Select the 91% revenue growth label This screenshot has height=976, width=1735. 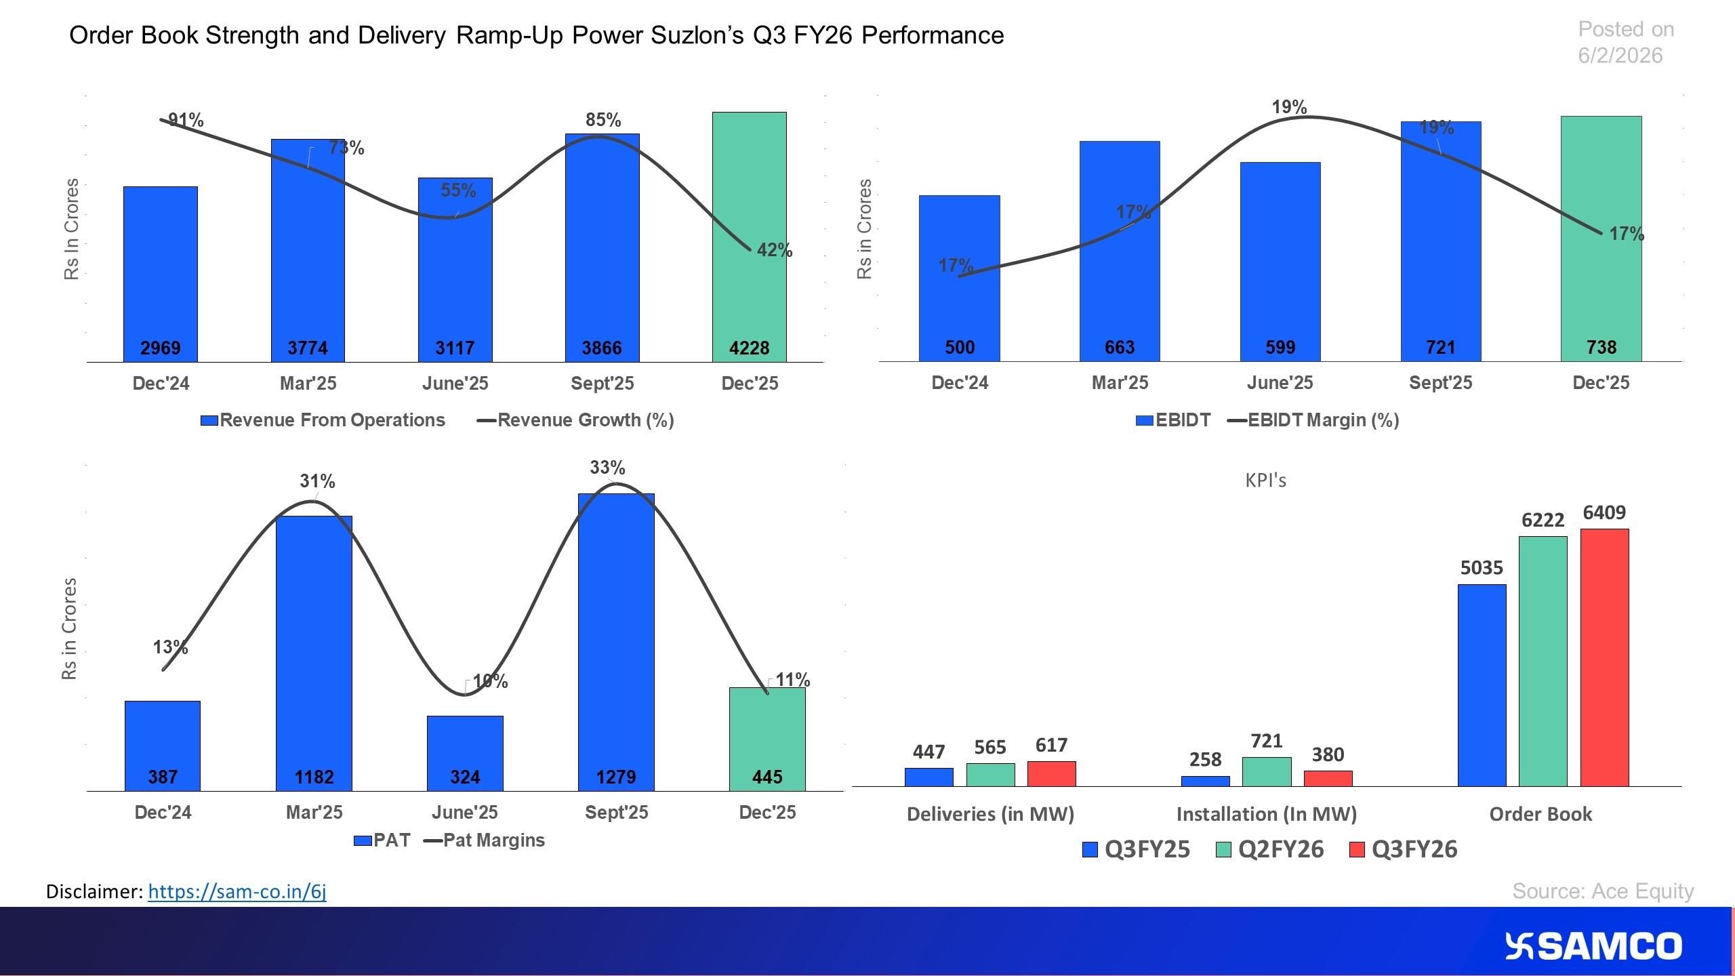(185, 120)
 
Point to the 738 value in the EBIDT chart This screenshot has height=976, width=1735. (1601, 347)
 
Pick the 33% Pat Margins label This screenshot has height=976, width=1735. (607, 467)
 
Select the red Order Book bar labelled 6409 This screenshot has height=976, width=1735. (1604, 657)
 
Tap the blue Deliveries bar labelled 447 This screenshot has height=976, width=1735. (928, 777)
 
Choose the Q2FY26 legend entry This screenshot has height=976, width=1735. (1270, 849)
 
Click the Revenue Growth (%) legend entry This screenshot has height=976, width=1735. (575, 420)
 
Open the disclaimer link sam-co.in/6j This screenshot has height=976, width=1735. (237, 891)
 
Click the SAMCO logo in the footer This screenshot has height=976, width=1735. (1593, 946)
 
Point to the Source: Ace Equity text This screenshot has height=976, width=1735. (1602, 891)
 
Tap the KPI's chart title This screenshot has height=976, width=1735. (1265, 481)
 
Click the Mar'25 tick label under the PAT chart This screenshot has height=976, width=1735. (314, 812)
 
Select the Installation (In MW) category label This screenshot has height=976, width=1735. (1266, 814)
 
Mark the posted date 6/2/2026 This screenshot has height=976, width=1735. (1620, 56)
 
